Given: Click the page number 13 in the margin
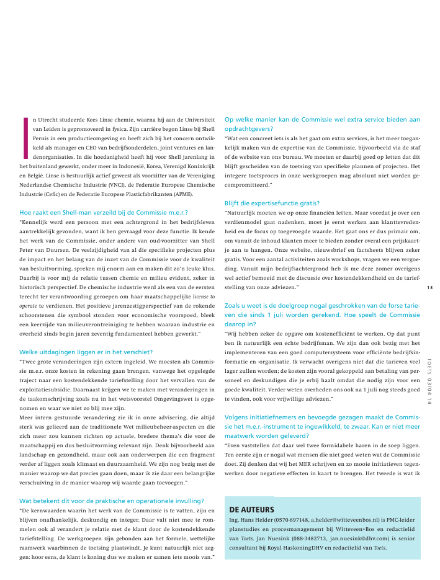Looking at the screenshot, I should [430, 287].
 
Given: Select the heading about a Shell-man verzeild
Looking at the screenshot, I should [104, 212].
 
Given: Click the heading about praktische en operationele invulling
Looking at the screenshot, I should [112, 501].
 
